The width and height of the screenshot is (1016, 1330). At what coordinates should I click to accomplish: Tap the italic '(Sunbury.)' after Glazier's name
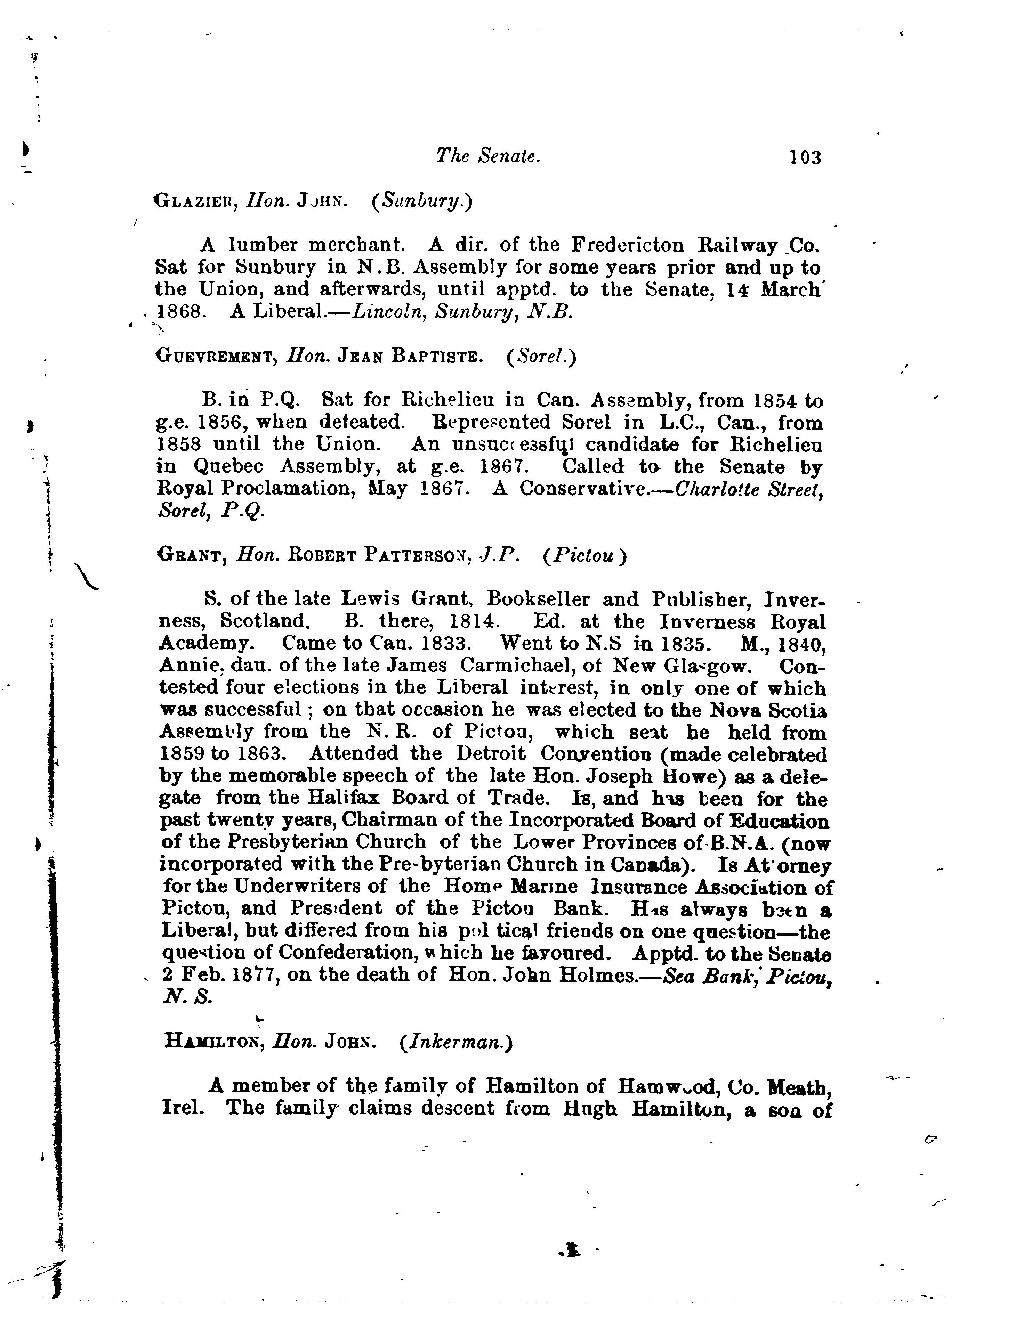click(x=421, y=201)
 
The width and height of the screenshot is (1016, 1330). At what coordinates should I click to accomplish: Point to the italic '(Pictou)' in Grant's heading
click(x=583, y=555)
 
